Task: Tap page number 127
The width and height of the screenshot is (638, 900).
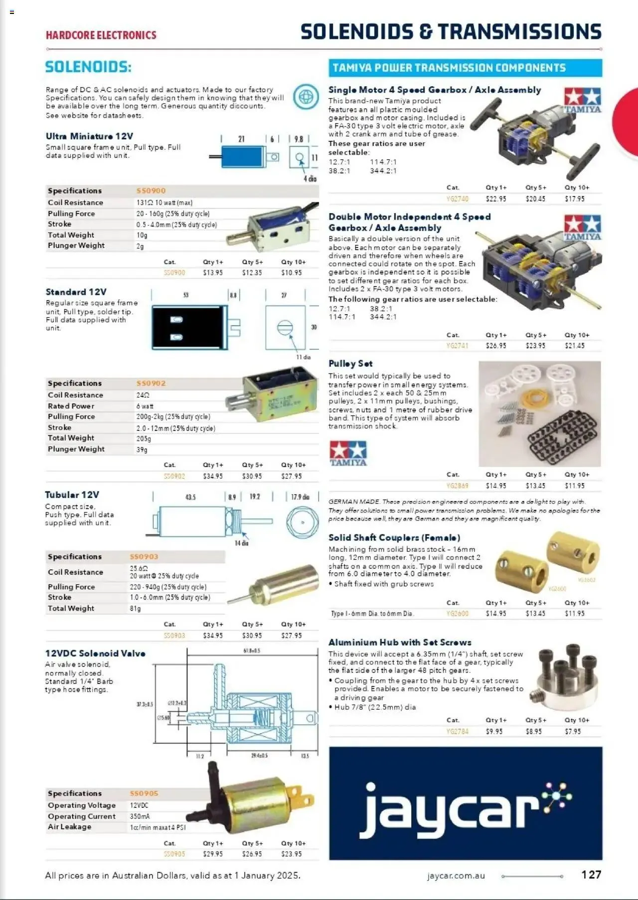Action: click(591, 875)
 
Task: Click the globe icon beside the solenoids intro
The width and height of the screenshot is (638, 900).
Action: click(306, 97)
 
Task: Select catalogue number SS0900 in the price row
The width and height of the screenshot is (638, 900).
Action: click(174, 273)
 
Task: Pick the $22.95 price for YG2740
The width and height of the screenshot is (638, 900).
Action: click(495, 199)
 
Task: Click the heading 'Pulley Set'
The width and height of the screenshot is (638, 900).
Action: click(350, 364)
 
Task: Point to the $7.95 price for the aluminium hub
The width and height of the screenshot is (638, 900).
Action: click(573, 732)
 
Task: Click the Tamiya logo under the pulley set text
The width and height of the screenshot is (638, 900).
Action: click(348, 453)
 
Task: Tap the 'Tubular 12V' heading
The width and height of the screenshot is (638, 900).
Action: click(72, 495)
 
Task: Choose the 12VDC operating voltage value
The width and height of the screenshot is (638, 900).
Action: click(139, 805)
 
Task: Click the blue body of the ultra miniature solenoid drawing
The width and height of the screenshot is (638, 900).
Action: click(241, 157)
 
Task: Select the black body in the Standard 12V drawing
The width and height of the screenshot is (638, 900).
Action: click(189, 328)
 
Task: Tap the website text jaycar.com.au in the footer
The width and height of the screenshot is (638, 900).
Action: click(456, 876)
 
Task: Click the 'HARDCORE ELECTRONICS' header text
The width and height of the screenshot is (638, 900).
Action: click(101, 35)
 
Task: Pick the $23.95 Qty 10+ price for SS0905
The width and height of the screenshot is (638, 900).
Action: click(292, 854)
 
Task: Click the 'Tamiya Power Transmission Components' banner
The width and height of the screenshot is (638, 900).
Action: click(465, 68)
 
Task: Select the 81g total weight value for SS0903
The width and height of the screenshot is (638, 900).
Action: click(135, 609)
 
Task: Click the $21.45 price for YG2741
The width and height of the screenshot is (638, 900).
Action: click(574, 346)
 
